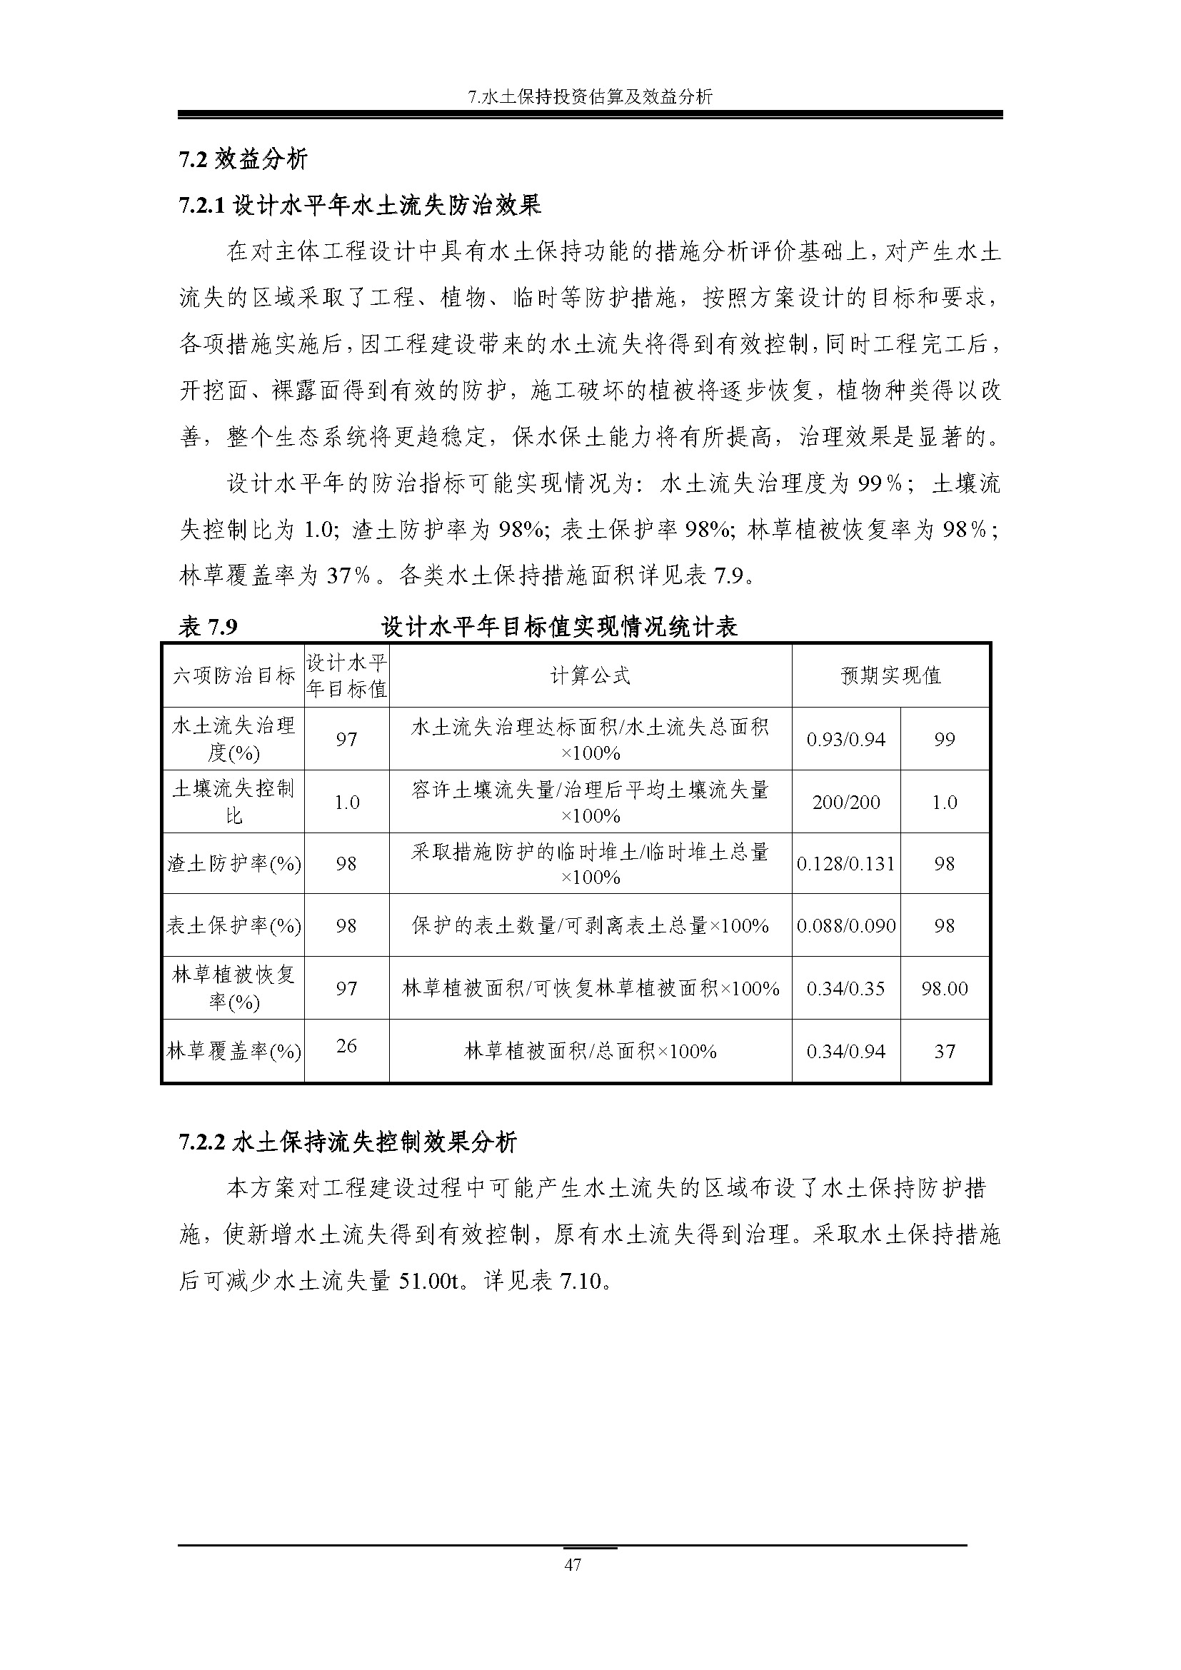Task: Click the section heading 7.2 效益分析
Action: tap(243, 159)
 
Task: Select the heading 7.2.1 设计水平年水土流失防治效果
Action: tap(360, 206)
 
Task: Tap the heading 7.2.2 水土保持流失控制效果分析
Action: tap(348, 1142)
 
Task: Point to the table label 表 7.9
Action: tap(208, 626)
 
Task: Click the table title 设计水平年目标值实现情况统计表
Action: tap(559, 626)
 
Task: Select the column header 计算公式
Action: tap(590, 675)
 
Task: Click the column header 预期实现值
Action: tap(890, 675)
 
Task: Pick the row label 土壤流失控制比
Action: tap(233, 802)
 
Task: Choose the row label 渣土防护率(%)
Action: tap(233, 863)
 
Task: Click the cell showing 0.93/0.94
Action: tap(845, 740)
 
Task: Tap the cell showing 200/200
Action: tap(845, 803)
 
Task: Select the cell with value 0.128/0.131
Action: tap(845, 863)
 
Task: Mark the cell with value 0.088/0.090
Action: tap(845, 925)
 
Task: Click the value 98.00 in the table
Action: tap(944, 988)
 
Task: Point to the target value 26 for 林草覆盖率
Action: tap(346, 1045)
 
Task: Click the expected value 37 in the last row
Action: tap(944, 1051)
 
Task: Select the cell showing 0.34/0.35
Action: tap(845, 988)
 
